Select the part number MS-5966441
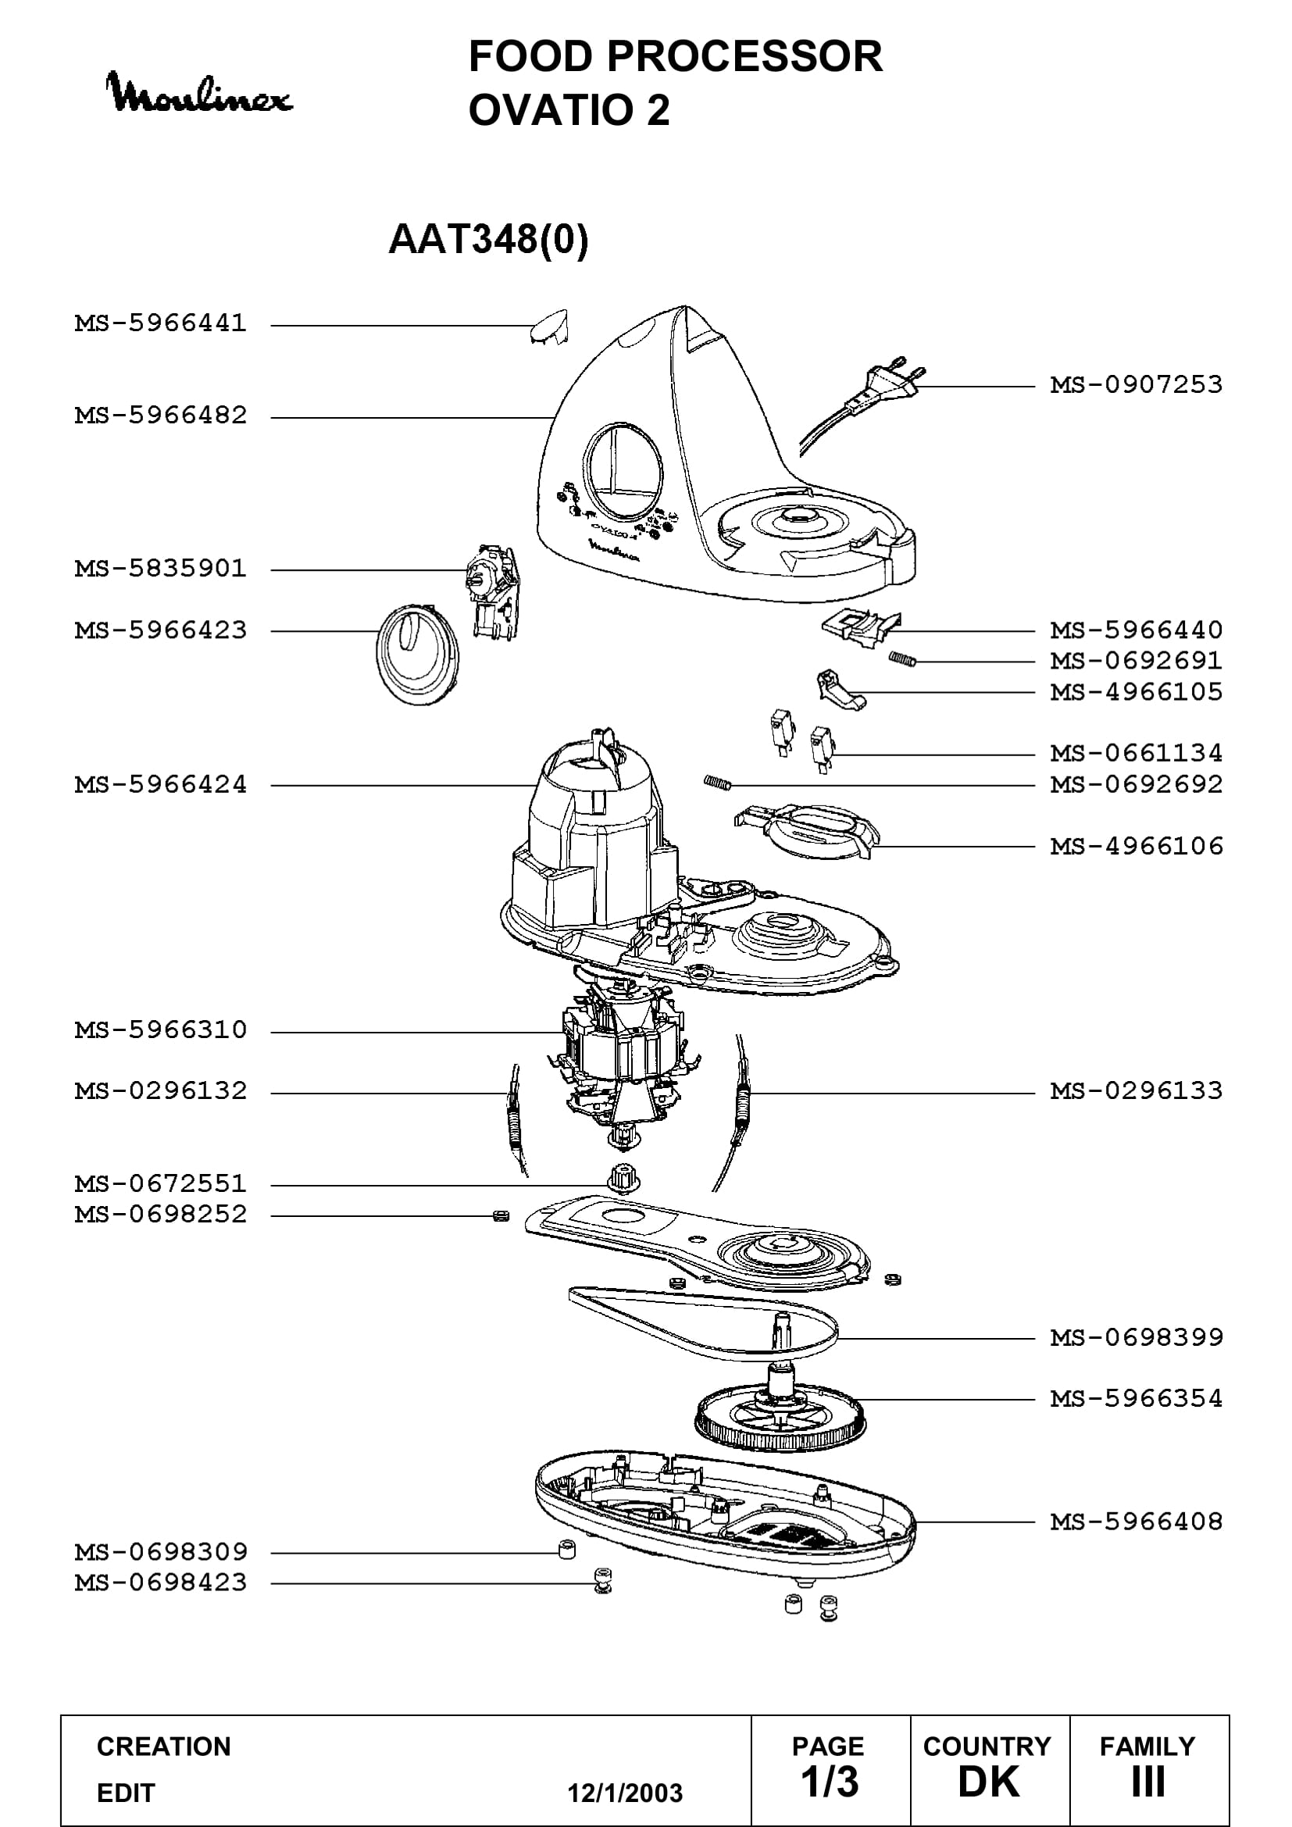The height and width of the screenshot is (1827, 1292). coord(161,324)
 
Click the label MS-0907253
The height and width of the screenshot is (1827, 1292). coord(1136,385)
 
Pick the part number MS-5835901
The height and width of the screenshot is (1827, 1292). coord(161,569)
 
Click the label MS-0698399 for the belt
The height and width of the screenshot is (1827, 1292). coord(1136,1337)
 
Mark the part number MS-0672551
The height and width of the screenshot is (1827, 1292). coord(161,1183)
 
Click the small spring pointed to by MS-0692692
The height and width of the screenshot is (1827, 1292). coord(717,783)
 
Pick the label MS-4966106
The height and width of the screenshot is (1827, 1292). coord(1136,846)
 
